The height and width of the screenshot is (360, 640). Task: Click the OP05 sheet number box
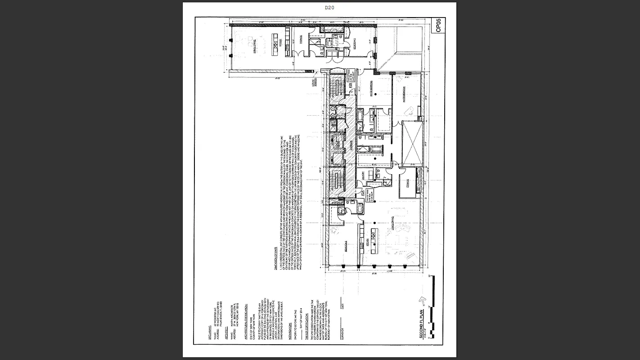439,25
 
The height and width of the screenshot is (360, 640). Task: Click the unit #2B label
350,97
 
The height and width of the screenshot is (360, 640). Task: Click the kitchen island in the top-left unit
275,43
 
